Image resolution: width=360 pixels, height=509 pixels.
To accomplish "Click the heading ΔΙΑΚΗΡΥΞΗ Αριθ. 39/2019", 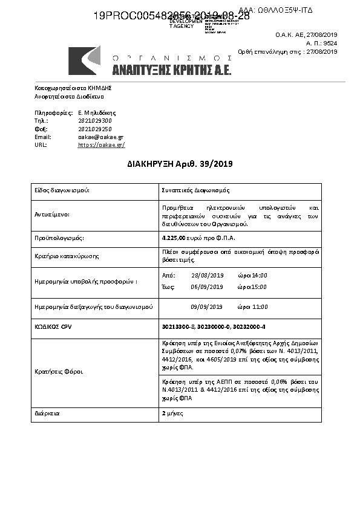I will point(180,164).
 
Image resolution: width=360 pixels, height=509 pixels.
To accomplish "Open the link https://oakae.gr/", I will point(101,145).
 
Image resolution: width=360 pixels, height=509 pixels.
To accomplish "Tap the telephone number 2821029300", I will point(95,121).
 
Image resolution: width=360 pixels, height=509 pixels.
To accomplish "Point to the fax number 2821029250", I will point(95,129).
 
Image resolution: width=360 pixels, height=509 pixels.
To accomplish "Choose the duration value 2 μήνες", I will point(172,413).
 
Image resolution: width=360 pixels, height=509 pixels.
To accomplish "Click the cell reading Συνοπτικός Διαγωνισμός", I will point(195,190).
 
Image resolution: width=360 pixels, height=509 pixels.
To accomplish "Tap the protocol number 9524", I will point(330,44).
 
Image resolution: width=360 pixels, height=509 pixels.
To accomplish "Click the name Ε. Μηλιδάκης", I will point(97,112).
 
